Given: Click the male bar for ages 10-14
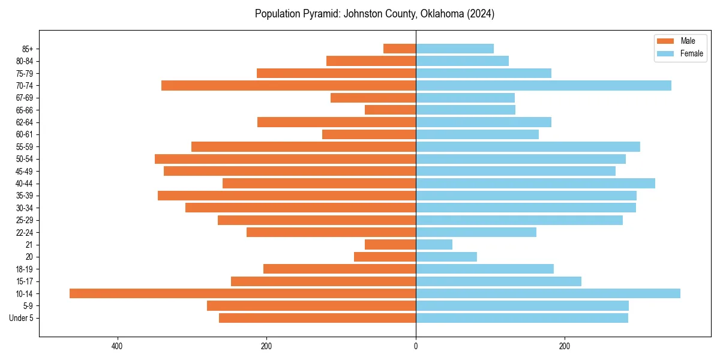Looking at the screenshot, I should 242,293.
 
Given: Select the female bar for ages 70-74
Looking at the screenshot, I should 543,85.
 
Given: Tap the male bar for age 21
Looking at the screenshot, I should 390,244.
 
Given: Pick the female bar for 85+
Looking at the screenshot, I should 454,49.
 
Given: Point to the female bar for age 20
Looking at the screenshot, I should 446,257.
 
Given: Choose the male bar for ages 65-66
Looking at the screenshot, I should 390,110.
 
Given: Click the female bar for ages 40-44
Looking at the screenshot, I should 535,183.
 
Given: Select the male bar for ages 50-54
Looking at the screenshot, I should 285,159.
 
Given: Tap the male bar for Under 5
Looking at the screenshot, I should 317,318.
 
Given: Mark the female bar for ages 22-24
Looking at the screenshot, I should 476,232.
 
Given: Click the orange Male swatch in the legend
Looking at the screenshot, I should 666,41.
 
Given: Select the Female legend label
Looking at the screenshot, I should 692,53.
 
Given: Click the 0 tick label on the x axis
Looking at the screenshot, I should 416,346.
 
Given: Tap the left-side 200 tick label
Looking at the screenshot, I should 266,346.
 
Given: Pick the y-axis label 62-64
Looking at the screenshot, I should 25,122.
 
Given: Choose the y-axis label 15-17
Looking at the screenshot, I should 25,281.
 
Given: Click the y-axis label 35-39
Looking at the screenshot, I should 25,196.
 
